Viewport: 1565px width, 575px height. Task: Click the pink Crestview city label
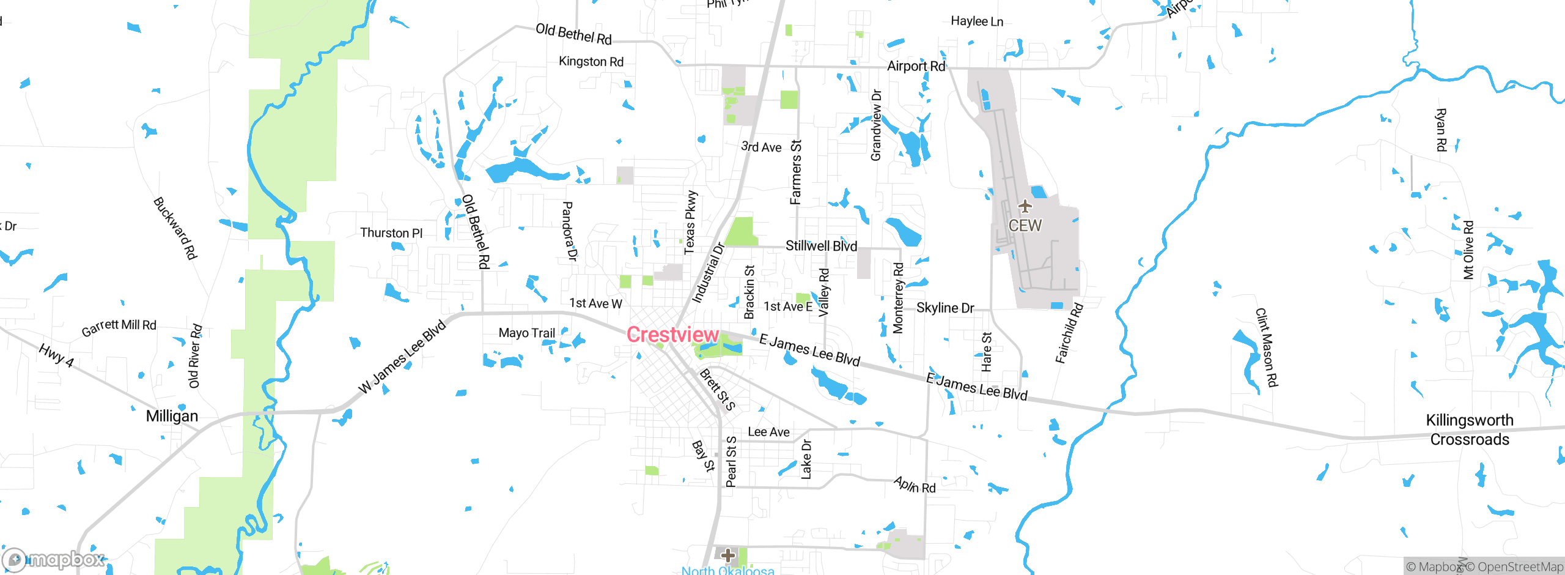click(x=672, y=335)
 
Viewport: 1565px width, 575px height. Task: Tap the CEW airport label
click(x=1025, y=226)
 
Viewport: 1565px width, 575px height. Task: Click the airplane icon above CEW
click(x=1025, y=206)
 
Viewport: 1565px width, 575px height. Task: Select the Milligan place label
click(x=172, y=416)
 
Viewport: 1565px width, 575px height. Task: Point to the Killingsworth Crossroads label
click(x=1470, y=429)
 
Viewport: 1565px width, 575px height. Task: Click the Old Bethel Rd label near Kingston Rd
click(x=573, y=34)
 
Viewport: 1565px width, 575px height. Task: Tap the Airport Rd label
click(x=916, y=66)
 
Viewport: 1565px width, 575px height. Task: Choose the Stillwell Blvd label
click(x=821, y=246)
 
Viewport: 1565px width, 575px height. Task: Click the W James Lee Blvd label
click(x=402, y=357)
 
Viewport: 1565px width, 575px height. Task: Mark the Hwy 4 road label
click(x=56, y=355)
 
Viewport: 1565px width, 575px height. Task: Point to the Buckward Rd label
click(x=175, y=228)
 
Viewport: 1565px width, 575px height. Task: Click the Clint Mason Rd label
click(x=1266, y=347)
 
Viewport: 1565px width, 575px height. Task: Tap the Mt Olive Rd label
click(x=1468, y=250)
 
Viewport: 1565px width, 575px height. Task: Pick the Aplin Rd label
click(x=915, y=485)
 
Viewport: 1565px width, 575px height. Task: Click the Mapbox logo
click(x=54, y=559)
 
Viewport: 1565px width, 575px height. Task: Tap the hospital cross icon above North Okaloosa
click(x=727, y=555)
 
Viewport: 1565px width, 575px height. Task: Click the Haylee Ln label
click(x=977, y=21)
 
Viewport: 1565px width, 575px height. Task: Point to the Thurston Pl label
click(x=391, y=233)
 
